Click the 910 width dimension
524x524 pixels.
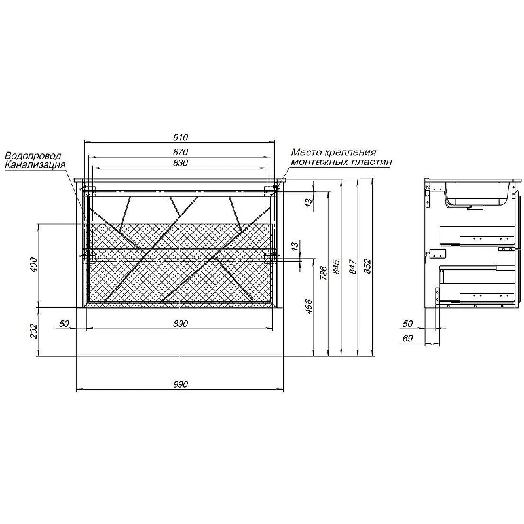tap(181, 137)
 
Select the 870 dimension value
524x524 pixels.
tap(181, 152)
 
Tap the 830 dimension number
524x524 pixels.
tap(181, 162)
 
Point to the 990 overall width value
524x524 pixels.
tap(181, 384)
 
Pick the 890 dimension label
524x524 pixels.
tap(181, 324)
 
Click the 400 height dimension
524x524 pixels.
tap(34, 265)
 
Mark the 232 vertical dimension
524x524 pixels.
tap(34, 331)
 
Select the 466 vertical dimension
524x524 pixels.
tap(309, 307)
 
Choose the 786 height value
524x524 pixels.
tap(323, 272)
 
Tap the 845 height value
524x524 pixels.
tap(336, 267)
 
